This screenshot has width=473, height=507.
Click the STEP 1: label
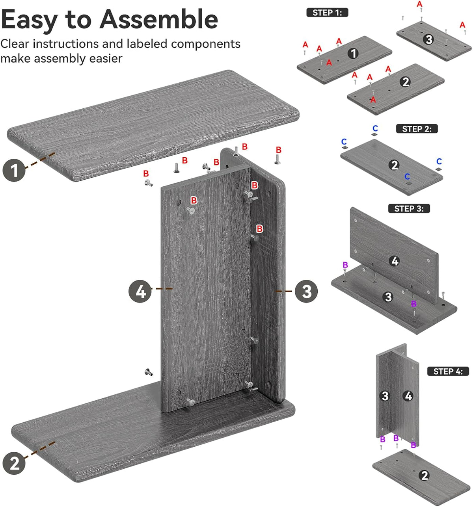tap(327, 13)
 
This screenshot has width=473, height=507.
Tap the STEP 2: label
tap(417, 129)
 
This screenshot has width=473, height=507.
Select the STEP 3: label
tap(409, 208)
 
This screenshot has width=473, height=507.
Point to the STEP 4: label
tap(448, 371)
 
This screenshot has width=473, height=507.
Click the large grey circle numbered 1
tap(14, 170)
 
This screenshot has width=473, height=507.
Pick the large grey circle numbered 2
tap(14, 463)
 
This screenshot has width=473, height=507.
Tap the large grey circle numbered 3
tap(306, 291)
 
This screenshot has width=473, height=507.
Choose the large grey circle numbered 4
tap(140, 291)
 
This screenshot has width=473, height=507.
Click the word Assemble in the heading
tap(159, 19)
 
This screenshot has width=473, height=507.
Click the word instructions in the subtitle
tap(65, 44)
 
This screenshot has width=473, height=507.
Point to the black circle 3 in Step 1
tap(429, 39)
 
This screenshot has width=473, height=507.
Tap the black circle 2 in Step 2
tap(394, 165)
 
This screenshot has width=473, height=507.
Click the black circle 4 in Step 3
tap(395, 261)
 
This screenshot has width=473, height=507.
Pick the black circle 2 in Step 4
tap(424, 475)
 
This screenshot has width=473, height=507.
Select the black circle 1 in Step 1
tap(353, 53)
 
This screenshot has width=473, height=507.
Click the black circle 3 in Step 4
tap(385, 396)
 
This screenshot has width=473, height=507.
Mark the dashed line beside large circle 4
tap(162, 289)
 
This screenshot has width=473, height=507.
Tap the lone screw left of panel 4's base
tap(149, 372)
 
